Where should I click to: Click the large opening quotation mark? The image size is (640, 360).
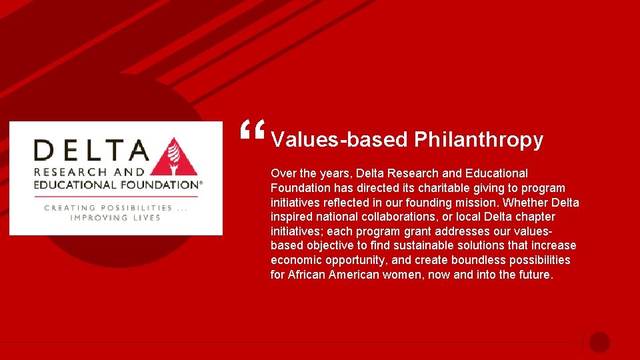click(x=253, y=131)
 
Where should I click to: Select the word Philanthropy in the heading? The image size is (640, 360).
click(x=479, y=140)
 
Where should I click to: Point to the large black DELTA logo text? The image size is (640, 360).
click(x=91, y=150)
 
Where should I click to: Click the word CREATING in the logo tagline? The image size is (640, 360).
click(x=70, y=208)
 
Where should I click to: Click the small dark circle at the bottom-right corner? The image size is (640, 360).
click(x=599, y=342)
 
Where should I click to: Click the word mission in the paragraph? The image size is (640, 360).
click(x=477, y=203)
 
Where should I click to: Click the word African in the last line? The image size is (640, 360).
click(x=306, y=275)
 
